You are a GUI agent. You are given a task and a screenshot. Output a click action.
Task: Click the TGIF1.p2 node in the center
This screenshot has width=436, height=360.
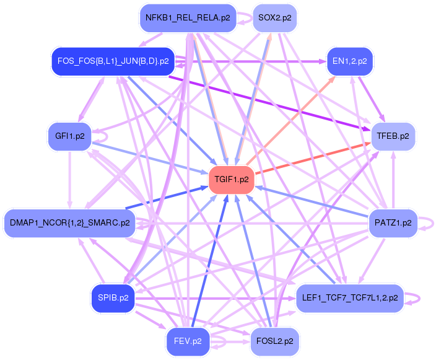tap(232, 180)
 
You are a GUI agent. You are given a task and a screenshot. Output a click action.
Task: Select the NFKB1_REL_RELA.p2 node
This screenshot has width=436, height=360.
tap(188, 18)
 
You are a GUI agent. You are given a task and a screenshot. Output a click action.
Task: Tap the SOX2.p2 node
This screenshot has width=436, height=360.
tap(275, 18)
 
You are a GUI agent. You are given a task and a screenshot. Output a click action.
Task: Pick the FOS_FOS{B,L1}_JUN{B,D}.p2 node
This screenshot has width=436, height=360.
tap(113, 61)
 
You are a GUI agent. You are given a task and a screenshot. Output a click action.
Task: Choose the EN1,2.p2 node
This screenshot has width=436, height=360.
tap(349, 61)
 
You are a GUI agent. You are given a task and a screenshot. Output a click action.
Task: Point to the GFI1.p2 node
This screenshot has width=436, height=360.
tap(70, 136)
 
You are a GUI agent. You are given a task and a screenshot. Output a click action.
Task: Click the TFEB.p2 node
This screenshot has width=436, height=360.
tap(393, 136)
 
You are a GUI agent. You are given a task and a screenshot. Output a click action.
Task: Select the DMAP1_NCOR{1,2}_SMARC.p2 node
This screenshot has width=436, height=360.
tap(70, 223)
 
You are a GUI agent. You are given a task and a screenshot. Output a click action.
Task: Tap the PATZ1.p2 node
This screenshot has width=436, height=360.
tap(393, 223)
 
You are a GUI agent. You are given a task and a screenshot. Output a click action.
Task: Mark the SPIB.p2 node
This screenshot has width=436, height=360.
tap(113, 298)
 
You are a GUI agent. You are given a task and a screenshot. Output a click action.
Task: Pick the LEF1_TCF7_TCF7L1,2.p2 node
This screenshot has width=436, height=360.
tap(350, 298)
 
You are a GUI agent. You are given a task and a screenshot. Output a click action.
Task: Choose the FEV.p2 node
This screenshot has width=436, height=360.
tap(188, 341)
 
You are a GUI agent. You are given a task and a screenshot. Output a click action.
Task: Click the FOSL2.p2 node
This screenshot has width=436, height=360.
tap(275, 341)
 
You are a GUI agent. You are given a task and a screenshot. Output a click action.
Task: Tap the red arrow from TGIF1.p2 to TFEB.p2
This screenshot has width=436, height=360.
tap(313, 159)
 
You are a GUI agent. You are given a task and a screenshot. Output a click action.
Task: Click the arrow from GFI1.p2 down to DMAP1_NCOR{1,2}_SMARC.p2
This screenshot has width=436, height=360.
tap(70, 180)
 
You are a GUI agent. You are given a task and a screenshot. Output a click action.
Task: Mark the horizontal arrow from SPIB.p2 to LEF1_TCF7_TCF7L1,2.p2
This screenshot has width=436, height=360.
tap(216, 299)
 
